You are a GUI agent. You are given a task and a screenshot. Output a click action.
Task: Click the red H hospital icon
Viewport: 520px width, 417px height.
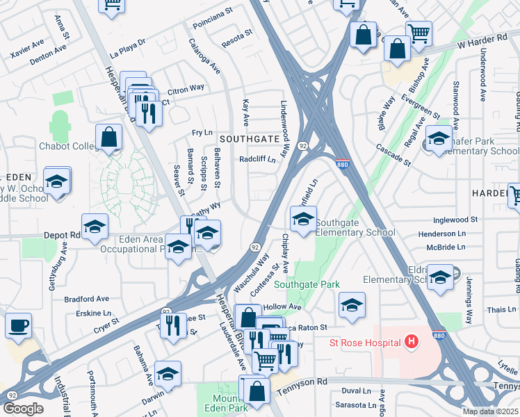(x=412, y=342)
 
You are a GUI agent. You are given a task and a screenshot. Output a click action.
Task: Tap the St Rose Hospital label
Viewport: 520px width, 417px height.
(x=366, y=343)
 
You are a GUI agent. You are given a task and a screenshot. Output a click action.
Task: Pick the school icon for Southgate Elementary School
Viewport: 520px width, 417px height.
(x=302, y=219)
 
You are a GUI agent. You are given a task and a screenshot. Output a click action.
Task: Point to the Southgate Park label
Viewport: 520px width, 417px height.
(x=307, y=284)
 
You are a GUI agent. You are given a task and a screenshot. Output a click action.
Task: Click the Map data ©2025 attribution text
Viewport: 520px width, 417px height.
(x=491, y=411)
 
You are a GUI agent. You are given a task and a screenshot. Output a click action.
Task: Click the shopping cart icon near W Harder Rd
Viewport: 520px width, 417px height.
(x=419, y=33)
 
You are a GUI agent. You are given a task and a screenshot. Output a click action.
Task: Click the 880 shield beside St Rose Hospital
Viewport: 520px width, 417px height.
(x=439, y=334)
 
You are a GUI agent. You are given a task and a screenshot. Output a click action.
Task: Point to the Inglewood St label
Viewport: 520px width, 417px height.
(x=455, y=219)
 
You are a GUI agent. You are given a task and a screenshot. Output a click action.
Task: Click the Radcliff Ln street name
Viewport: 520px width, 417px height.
(x=257, y=159)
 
